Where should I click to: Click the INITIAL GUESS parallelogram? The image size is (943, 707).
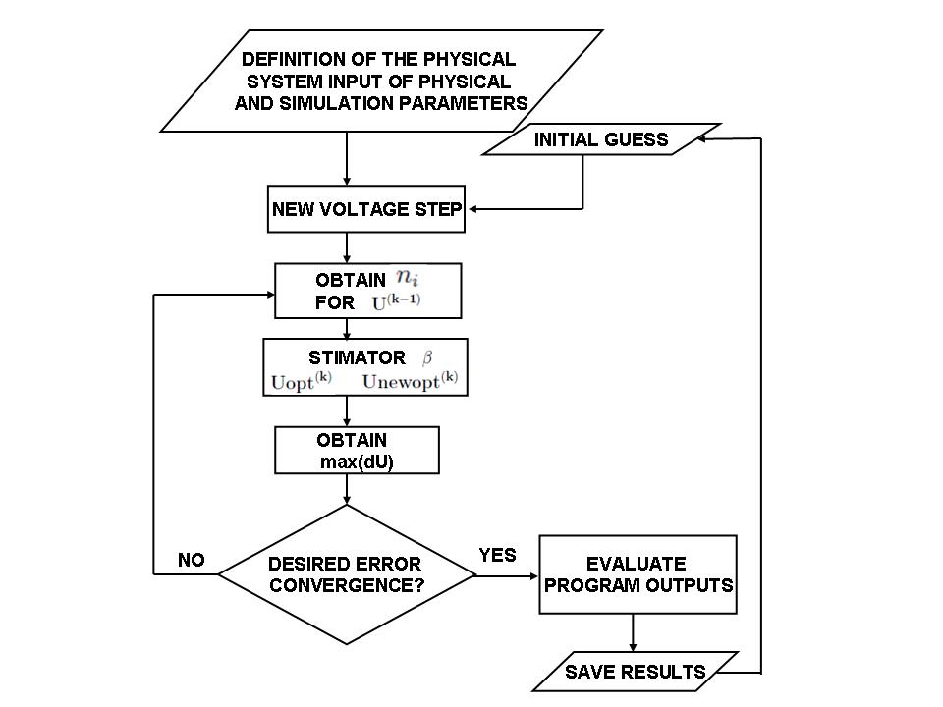coord(600,139)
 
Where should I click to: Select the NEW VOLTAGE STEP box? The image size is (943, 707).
coord(366,208)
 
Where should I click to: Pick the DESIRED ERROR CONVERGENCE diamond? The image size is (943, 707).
coord(346,574)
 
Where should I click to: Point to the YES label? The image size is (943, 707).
coord(497,556)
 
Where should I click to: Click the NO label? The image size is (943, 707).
coord(191,560)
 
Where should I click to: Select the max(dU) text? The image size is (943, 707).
coord(357,462)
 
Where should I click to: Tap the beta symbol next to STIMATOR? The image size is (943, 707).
coord(426,357)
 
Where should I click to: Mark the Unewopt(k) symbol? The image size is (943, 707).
coord(410,381)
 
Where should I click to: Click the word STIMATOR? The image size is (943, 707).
coord(344,358)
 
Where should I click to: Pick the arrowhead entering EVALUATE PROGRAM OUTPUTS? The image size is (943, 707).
coord(532,574)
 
